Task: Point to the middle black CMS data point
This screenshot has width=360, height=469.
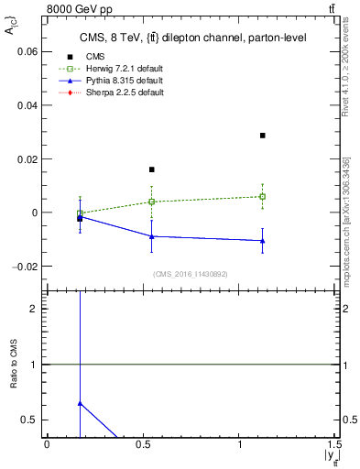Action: [152, 169]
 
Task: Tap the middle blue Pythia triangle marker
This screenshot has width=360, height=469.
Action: [152, 236]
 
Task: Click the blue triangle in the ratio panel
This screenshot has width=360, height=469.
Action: [80, 403]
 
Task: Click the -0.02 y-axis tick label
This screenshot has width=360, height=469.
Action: [26, 266]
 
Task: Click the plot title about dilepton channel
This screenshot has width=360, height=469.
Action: [192, 38]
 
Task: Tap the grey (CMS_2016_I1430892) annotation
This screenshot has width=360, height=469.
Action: [191, 274]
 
